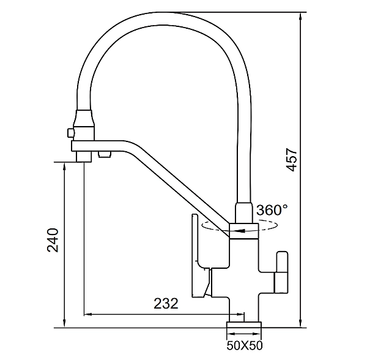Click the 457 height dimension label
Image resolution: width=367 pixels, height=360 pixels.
tap(292, 160)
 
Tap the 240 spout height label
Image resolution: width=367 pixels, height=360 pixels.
tap(53, 240)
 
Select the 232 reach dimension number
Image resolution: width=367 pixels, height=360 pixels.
tap(166, 304)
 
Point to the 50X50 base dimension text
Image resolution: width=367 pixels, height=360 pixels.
tap(245, 345)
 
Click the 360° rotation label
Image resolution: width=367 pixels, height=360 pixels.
tap(272, 209)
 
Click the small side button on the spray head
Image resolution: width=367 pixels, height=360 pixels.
tap(70, 133)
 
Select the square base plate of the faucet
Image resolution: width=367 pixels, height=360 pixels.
tap(244, 324)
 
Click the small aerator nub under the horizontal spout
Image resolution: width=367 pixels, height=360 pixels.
tap(105, 154)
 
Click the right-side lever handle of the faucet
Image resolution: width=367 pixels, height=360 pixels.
tap(281, 272)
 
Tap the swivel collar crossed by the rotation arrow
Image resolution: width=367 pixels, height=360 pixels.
tap(244, 231)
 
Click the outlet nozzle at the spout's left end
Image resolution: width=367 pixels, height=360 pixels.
tap(84, 157)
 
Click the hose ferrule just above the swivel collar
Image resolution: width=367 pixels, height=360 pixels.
tap(244, 212)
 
